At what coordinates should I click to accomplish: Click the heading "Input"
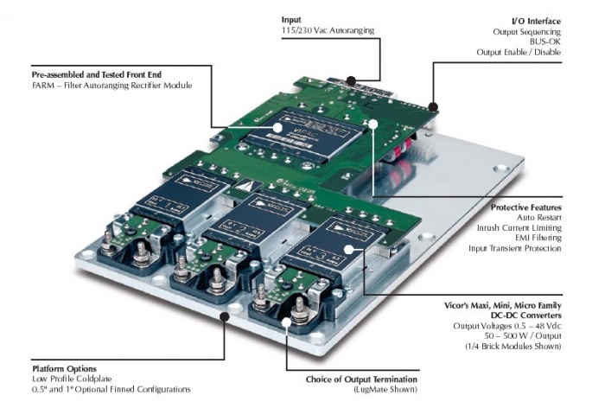[x=292, y=19]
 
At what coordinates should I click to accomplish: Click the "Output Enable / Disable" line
[x=518, y=53]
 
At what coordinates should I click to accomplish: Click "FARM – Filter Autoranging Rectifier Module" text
[x=97, y=86]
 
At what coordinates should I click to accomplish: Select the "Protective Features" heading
[x=526, y=208]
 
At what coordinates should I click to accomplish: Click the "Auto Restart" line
[x=538, y=219]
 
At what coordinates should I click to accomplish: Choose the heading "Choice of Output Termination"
[x=361, y=379]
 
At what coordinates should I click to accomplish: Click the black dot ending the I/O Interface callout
[x=432, y=108]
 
